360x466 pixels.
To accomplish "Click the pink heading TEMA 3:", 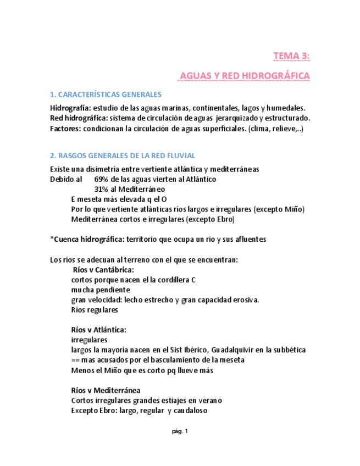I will (x=291, y=56).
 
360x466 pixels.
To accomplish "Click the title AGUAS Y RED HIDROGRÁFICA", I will (x=245, y=75).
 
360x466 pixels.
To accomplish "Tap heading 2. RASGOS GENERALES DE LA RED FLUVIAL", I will (x=123, y=156).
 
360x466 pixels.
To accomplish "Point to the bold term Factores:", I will (x=65, y=129).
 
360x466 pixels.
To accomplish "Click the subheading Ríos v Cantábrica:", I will (x=103, y=270).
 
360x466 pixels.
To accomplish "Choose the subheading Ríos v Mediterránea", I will (x=106, y=390).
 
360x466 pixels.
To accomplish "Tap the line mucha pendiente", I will (x=101, y=290).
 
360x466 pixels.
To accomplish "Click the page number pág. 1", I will (x=180, y=431).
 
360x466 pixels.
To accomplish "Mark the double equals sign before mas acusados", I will (x=76, y=360).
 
